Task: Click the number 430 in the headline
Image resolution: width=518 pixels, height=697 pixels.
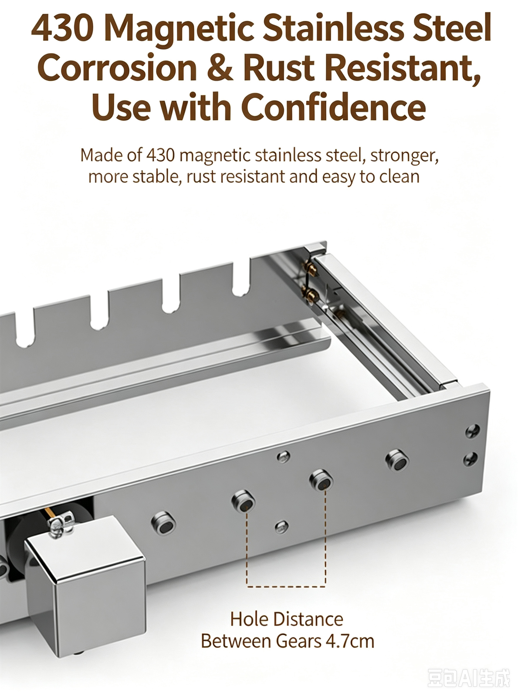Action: pyautogui.click(x=62, y=28)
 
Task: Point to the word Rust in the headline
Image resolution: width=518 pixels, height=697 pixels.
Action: pyautogui.click(x=279, y=68)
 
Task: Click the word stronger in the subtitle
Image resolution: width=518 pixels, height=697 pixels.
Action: pyautogui.click(x=404, y=156)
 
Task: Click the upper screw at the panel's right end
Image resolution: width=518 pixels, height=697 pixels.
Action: pyautogui.click(x=472, y=431)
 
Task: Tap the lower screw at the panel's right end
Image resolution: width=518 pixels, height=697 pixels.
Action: pyautogui.click(x=471, y=460)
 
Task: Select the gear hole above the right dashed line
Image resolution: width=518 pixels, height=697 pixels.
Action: pyautogui.click(x=321, y=480)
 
